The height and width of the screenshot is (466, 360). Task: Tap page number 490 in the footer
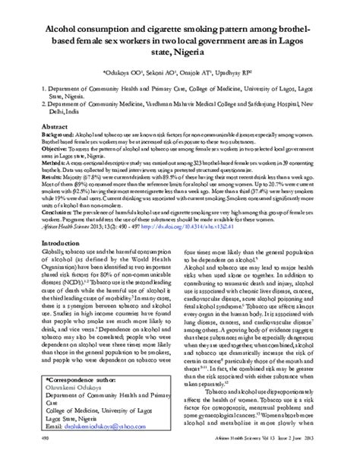[44, 458]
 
